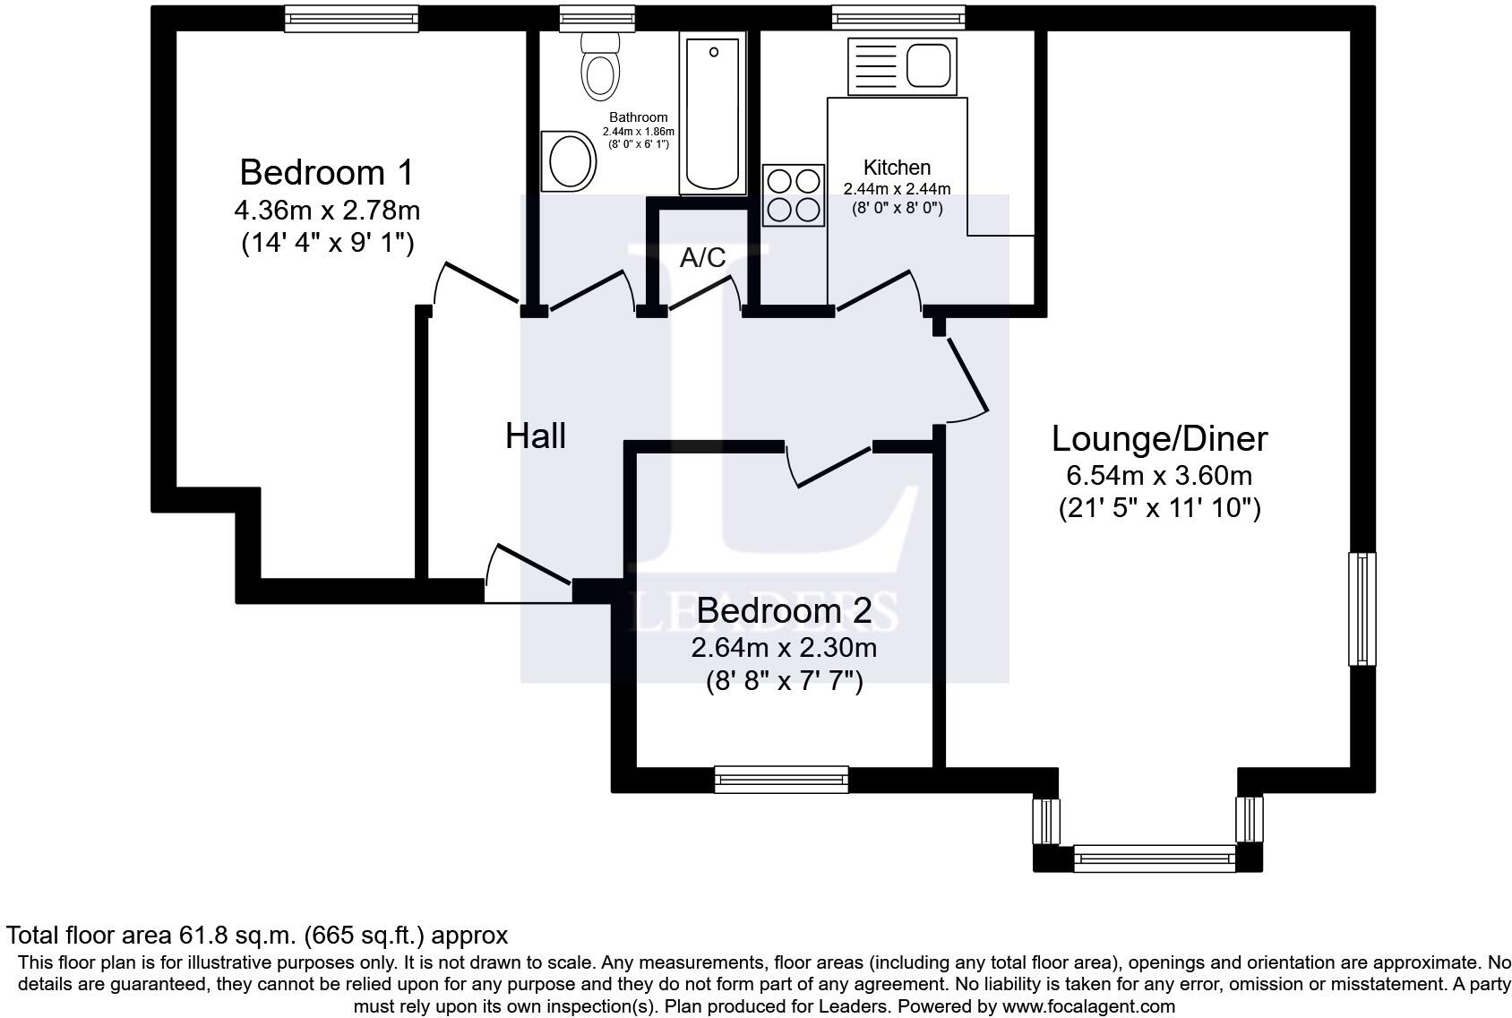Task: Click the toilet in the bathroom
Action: pyautogui.click(x=599, y=66)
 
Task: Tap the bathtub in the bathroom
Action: pyautogui.click(x=713, y=114)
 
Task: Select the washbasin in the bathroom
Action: pyautogui.click(x=569, y=161)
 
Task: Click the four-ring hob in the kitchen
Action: pyautogui.click(x=794, y=195)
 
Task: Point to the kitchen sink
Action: pyautogui.click(x=903, y=66)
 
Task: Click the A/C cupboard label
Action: pyautogui.click(x=702, y=257)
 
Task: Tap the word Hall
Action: pyautogui.click(x=536, y=436)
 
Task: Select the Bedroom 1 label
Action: pyautogui.click(x=327, y=172)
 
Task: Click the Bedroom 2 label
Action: pyautogui.click(x=784, y=610)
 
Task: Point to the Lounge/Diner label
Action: pyautogui.click(x=1160, y=439)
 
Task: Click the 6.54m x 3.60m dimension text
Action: pyautogui.click(x=1159, y=476)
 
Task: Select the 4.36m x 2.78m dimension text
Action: pyautogui.click(x=327, y=211)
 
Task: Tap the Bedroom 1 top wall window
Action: pyautogui.click(x=351, y=19)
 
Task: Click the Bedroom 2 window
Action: pyautogui.click(x=781, y=779)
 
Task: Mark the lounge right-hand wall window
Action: pyautogui.click(x=1362, y=608)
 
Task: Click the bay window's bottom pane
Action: pyautogui.click(x=1155, y=858)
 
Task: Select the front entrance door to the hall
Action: pyautogui.click(x=528, y=573)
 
